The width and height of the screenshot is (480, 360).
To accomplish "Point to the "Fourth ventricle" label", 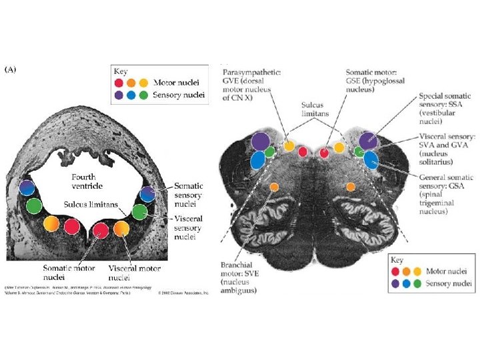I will (89, 181).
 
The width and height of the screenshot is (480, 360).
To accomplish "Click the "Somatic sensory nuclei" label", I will (189, 195).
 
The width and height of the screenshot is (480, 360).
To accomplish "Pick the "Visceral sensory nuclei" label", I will (189, 227).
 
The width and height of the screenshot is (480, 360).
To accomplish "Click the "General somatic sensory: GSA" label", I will (447, 194).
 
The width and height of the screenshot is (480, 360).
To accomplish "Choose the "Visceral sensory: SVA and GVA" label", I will (447, 149).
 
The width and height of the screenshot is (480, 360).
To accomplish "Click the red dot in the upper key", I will (119, 83).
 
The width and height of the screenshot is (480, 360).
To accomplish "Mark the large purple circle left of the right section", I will (261, 141).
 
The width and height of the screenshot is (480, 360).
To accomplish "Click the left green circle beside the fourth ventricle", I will (33, 205).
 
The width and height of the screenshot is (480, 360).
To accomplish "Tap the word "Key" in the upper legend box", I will (121, 70).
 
